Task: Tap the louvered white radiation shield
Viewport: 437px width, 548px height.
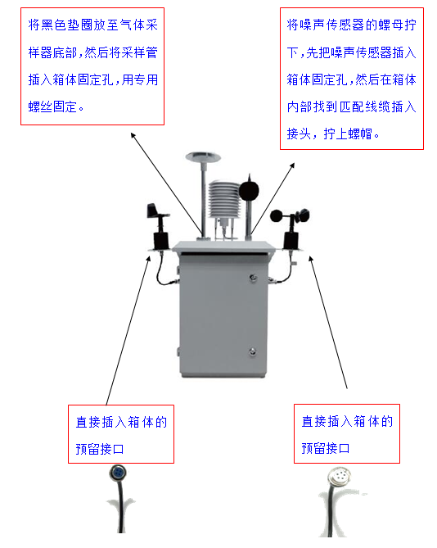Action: coord(224,199)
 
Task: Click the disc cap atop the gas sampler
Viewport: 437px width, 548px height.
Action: coord(203,156)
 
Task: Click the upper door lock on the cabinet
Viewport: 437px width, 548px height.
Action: coord(254,279)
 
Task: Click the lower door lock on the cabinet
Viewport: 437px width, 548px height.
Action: coord(253,351)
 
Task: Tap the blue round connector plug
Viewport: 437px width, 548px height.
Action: coord(118,473)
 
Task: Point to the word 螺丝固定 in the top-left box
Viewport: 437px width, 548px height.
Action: coord(52,106)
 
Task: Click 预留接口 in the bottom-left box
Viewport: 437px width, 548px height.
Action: coord(100,449)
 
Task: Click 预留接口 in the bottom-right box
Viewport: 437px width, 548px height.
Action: coord(326,448)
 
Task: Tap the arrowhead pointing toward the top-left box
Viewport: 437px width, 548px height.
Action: coord(133,135)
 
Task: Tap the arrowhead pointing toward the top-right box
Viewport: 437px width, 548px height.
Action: coord(293,165)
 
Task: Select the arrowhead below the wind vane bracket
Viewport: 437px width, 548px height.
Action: coord(149,259)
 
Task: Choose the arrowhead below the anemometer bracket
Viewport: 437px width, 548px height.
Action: coord(310,259)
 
